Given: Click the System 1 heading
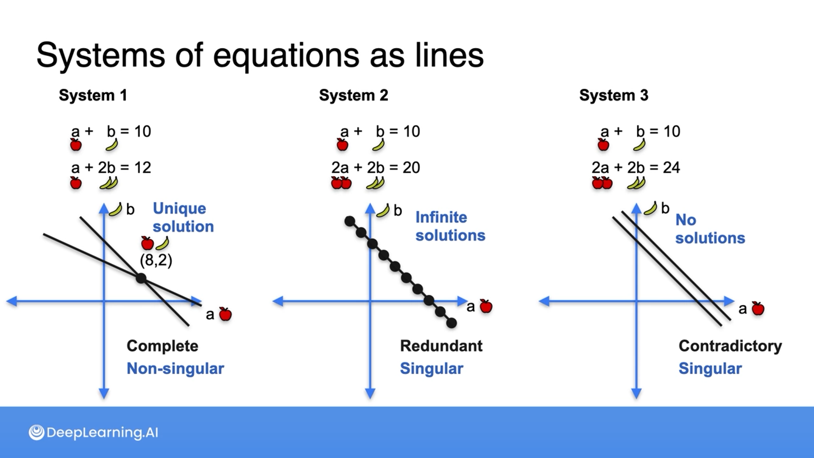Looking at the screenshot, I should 93,95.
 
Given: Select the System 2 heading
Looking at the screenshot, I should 353,95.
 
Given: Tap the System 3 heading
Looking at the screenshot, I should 613,95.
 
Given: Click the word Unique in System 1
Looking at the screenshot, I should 179,209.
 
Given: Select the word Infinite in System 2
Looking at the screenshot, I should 441,217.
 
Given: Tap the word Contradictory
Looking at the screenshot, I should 730,346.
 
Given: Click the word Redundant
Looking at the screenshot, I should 441,346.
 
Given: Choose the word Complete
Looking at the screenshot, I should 162,346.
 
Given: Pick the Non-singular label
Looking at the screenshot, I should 175,369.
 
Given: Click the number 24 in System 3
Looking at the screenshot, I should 671,168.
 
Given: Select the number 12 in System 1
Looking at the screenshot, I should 142,168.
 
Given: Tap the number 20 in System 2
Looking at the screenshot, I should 411,168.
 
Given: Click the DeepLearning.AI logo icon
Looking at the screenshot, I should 36,432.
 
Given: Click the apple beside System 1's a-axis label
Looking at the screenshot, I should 225,314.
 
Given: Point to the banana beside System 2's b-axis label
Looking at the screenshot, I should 383,211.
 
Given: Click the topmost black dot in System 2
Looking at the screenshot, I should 350,221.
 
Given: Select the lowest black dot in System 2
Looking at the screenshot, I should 452,323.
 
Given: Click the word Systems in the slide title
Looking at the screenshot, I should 100,55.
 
